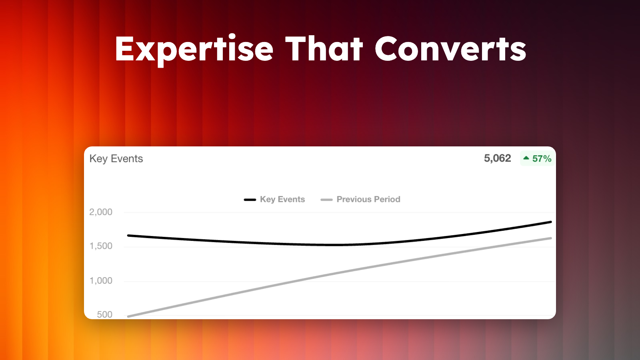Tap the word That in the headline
[x=324, y=48]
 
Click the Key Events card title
[x=116, y=159]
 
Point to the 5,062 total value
[x=497, y=158]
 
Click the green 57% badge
[x=538, y=158]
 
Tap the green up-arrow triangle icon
[x=526, y=158]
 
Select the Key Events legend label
[x=282, y=200]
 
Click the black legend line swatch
[x=250, y=200]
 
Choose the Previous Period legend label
[x=368, y=200]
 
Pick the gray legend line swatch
[x=326, y=200]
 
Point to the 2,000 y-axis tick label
[x=101, y=212]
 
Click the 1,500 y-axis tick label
[x=101, y=246]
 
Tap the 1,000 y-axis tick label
[x=101, y=281]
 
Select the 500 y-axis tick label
[x=104, y=314]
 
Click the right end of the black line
[x=551, y=222]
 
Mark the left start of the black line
[x=128, y=236]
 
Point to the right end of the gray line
[x=551, y=238]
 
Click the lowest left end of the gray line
[x=128, y=316]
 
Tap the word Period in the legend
[x=387, y=200]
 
